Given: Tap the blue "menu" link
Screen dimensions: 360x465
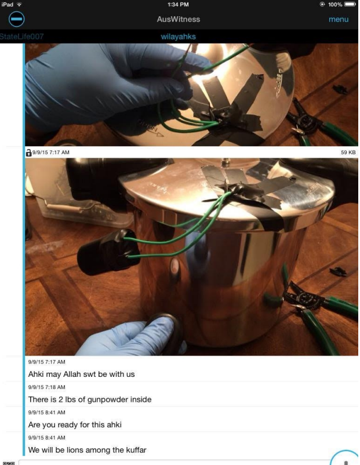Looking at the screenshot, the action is (339, 19).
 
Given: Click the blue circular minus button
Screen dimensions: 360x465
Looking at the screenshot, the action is (16, 19).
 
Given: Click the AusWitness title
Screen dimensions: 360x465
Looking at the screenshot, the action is (178, 19).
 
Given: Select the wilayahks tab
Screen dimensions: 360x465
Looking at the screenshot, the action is (178, 37).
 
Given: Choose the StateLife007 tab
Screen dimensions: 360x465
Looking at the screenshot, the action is (21, 37).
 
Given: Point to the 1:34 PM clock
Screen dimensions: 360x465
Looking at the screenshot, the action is (178, 5).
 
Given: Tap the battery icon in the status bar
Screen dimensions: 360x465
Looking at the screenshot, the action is (350, 5).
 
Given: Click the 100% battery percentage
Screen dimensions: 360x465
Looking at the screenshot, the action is (335, 5).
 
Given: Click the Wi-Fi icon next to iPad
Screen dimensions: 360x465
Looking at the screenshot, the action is (19, 5).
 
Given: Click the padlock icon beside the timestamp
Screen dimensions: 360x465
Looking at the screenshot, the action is (28, 152).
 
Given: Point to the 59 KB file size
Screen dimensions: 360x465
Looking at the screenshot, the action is (348, 152).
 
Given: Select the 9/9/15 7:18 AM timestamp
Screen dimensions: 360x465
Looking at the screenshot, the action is (46, 387).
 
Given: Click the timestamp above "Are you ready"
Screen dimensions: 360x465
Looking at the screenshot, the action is (46, 412).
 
